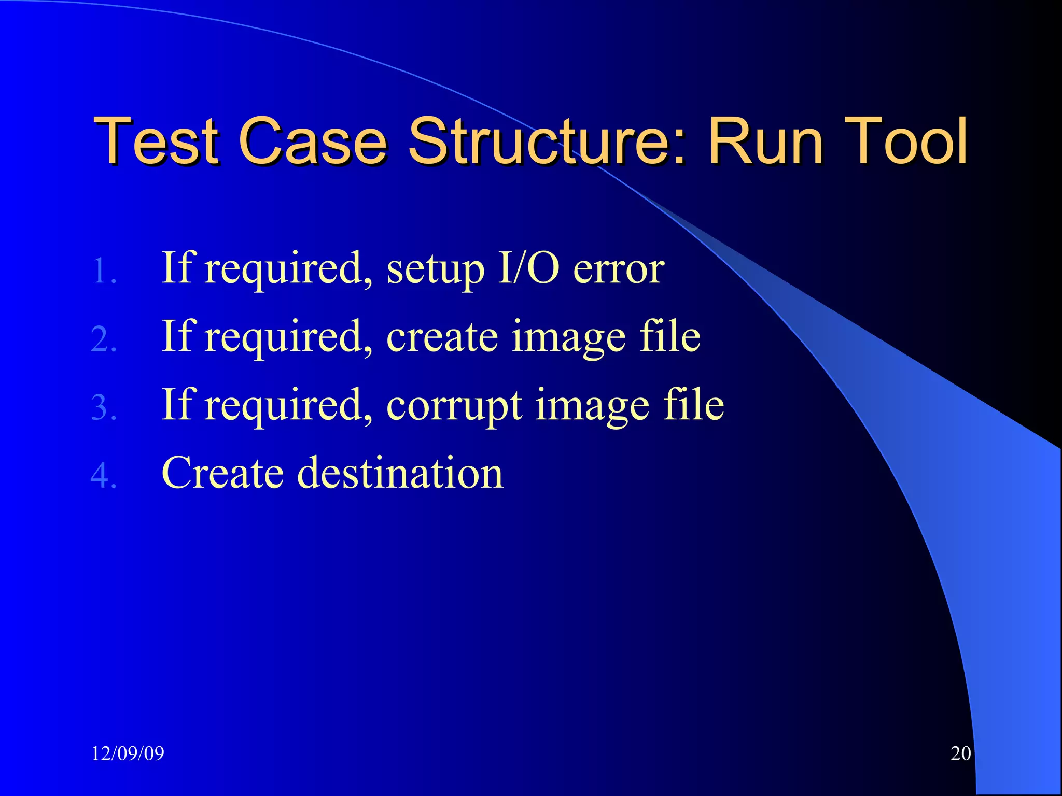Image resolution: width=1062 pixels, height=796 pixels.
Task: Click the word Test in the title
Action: click(x=156, y=141)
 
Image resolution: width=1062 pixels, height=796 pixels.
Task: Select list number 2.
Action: click(x=104, y=340)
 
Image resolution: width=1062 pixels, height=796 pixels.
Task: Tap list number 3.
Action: click(x=104, y=408)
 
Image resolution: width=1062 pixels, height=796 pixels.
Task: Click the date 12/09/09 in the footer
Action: click(x=128, y=754)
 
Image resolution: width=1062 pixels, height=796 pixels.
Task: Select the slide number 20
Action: click(x=960, y=754)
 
